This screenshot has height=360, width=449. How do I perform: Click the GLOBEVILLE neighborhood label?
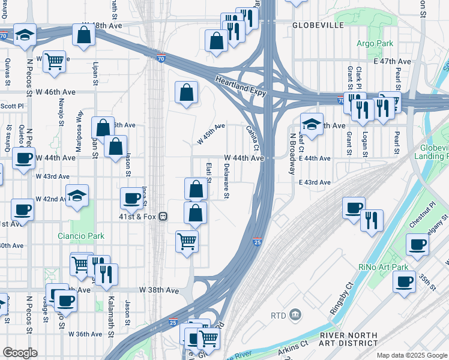tap(318, 26)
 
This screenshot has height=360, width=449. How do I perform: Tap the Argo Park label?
tap(375, 43)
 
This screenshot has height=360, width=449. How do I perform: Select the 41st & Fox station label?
tap(139, 217)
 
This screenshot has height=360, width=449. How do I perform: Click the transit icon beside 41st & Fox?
tap(162, 217)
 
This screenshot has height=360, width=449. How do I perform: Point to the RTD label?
tap(279, 315)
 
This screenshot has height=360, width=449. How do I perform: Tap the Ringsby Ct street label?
tap(340, 300)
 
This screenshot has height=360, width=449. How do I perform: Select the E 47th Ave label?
tap(392, 61)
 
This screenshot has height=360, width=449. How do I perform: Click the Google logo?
tap(20, 353)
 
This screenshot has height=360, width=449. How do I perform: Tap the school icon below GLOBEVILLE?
tap(312, 124)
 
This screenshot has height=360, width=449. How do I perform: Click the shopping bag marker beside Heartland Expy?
tap(186, 93)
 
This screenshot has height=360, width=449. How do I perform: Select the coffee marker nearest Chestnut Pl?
tap(417, 245)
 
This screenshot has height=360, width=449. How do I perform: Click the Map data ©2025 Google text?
tap(412, 355)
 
